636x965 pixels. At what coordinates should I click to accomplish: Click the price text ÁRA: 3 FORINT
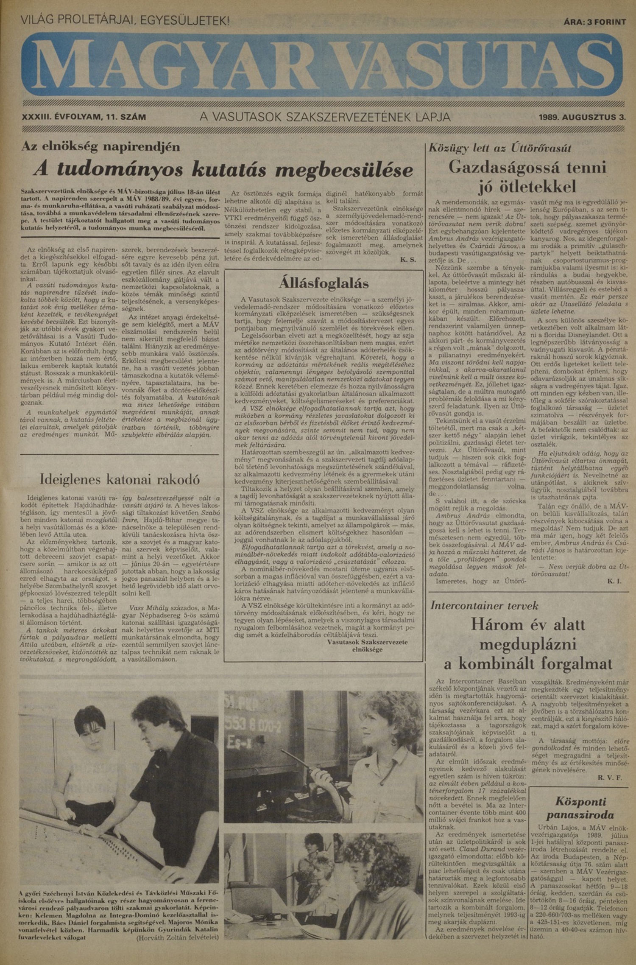(x=594, y=22)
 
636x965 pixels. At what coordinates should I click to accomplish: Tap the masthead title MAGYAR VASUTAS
(x=322, y=64)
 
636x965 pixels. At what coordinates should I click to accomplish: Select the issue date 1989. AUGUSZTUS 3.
(x=582, y=117)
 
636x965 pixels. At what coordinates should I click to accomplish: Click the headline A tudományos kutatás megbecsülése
(x=223, y=169)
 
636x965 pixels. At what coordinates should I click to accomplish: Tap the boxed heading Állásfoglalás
(x=324, y=283)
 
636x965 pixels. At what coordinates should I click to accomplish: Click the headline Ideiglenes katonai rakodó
(x=120, y=479)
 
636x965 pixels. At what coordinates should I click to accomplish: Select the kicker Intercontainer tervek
(x=484, y=605)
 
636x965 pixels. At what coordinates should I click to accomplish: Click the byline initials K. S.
(x=408, y=259)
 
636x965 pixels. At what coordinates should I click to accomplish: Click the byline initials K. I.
(x=614, y=581)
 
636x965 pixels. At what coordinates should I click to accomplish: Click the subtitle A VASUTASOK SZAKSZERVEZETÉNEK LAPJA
(x=325, y=117)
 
